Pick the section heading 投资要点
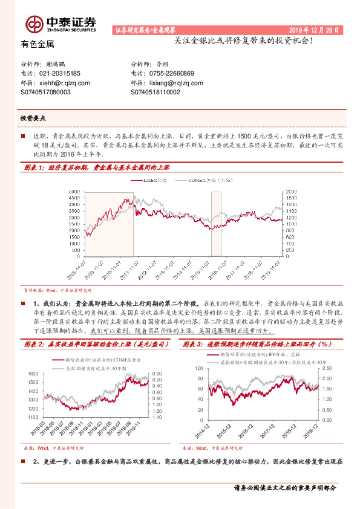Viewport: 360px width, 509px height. tap(33, 118)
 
